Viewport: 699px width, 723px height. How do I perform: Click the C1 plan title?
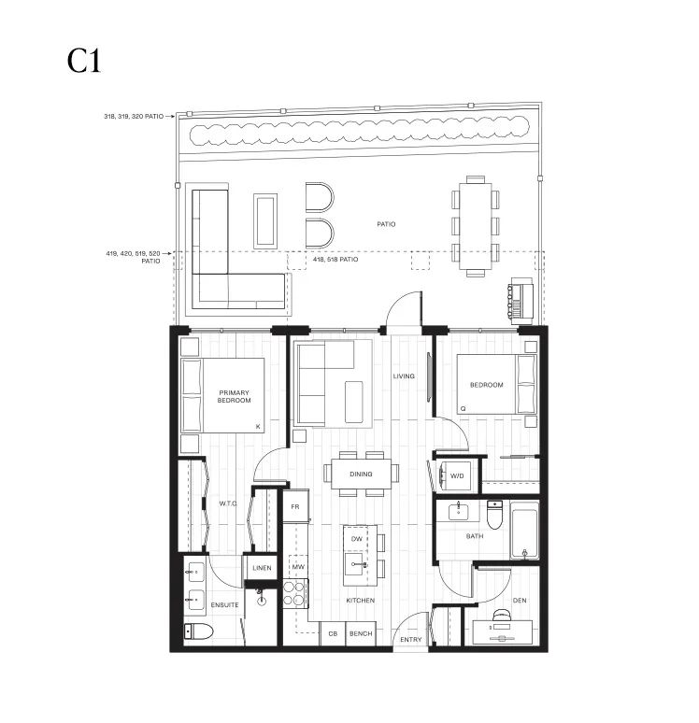[84, 61]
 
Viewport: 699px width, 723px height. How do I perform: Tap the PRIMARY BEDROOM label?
[234, 397]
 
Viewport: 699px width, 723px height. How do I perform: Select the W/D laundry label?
[457, 475]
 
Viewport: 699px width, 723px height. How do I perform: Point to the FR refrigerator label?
[295, 506]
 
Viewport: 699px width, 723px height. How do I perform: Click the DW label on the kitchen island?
[357, 539]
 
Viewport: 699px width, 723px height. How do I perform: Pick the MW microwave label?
[298, 567]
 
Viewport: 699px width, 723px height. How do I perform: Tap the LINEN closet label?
[262, 568]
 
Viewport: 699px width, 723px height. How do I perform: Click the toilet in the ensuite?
[198, 631]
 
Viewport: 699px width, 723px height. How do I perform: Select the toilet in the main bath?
[494, 514]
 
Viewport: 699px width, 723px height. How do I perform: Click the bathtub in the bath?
[524, 531]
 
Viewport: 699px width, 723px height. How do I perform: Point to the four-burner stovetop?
[294, 593]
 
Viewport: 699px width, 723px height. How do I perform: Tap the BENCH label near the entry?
[361, 633]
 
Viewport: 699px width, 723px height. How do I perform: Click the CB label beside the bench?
[333, 633]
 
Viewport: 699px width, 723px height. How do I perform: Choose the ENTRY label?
[410, 639]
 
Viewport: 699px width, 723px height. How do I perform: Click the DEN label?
[520, 600]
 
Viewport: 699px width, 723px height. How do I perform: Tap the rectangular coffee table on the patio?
[265, 220]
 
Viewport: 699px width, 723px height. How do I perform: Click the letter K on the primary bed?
[258, 427]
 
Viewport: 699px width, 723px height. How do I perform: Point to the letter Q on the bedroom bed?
[463, 408]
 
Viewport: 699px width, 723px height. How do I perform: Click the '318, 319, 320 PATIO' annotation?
[134, 116]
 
